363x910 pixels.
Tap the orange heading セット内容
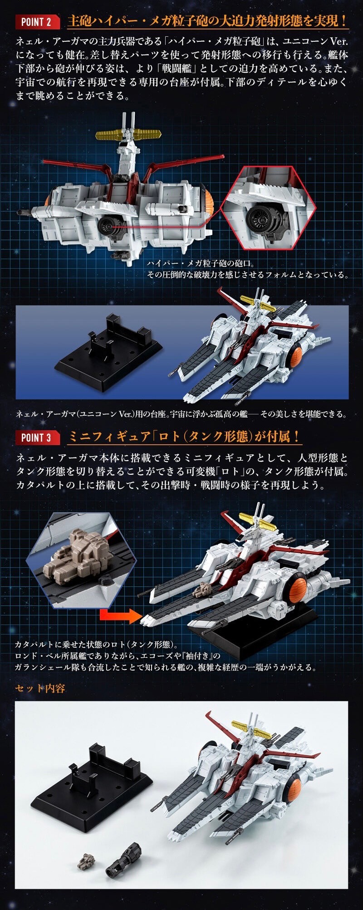(x=40, y=688)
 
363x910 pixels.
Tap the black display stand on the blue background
(x=108, y=349)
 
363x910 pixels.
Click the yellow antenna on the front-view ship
(x=128, y=134)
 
